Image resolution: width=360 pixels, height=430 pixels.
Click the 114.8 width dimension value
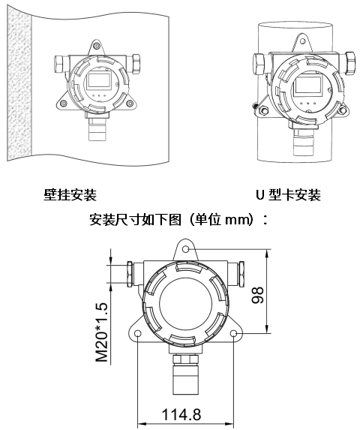181,414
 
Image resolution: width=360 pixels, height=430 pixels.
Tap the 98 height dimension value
257,295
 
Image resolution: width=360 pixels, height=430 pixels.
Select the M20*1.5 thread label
102,332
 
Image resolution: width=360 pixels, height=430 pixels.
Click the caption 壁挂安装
70,195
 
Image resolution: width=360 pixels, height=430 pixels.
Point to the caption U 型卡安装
288,195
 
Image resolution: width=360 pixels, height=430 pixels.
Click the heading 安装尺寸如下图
135,220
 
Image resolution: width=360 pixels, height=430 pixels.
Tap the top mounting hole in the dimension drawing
186,249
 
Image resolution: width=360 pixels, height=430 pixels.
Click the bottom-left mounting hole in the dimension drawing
138,333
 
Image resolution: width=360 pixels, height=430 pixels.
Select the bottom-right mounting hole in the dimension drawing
234,333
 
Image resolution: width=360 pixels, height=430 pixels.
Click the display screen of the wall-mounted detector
98,81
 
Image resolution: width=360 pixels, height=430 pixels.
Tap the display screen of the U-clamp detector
307,86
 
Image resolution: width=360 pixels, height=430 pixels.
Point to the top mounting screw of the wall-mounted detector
96,46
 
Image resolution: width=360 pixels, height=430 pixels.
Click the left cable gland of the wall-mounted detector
61,64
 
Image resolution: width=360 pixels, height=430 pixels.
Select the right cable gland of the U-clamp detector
350,63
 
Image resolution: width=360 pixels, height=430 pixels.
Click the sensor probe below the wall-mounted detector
97,128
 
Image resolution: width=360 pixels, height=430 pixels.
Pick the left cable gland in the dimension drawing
130,274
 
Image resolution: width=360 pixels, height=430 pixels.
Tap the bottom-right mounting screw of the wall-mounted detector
130,104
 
